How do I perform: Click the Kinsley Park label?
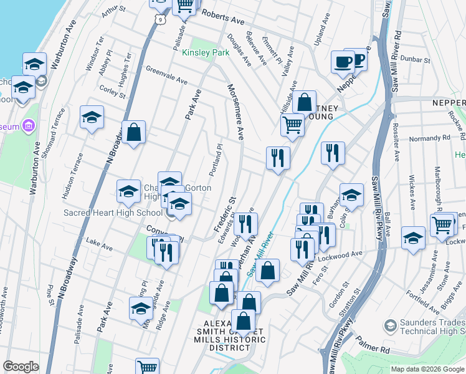pos(206,53)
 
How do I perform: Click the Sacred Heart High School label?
pos(113,213)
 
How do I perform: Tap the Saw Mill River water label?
pos(260,256)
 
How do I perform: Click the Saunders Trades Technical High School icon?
pos(391,325)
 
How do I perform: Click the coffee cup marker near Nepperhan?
pos(343,63)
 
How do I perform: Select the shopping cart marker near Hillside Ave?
pos(292,125)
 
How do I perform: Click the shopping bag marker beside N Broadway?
pos(133,132)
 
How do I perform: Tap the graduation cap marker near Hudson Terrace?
pos(92,117)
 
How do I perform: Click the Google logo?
pos(21,367)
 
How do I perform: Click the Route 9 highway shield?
pos(160,21)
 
